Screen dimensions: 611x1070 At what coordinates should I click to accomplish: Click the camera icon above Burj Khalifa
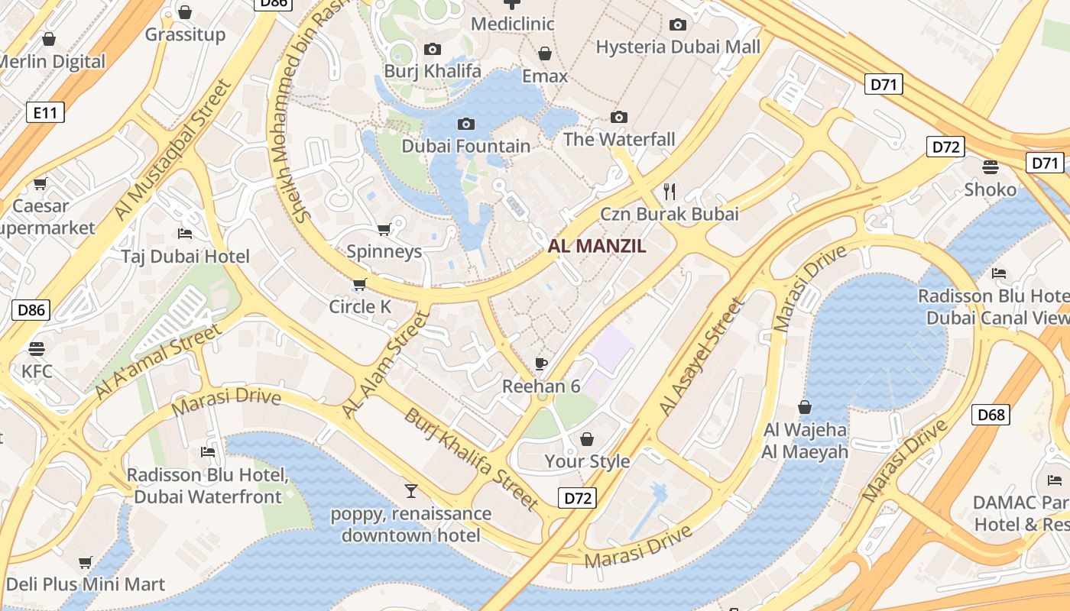tap(432, 50)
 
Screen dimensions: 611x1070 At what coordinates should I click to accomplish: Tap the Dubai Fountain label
tap(465, 146)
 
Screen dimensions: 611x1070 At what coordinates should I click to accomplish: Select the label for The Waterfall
tap(619, 139)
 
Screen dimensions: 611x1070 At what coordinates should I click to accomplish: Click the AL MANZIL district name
tap(597, 246)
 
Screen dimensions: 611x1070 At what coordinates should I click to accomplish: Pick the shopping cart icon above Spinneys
tap(384, 229)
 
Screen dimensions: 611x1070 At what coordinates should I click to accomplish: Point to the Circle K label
tap(360, 306)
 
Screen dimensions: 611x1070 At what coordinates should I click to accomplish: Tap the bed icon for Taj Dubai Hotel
tap(184, 233)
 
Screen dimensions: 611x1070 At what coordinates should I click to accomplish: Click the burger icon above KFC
tap(37, 349)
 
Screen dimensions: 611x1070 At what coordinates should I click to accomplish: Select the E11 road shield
tap(45, 113)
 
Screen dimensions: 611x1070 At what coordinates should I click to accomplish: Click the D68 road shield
tap(991, 415)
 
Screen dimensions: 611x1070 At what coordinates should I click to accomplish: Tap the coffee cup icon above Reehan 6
tap(541, 364)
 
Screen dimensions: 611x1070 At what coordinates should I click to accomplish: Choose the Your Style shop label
tap(587, 461)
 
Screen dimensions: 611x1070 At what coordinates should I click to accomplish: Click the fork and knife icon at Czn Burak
tap(670, 191)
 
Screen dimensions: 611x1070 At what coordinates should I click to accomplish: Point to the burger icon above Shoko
tap(991, 166)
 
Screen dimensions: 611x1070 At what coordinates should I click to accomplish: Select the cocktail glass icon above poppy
tap(411, 490)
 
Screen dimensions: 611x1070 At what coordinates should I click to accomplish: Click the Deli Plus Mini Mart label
tap(85, 585)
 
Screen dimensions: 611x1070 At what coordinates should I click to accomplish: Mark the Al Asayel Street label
tap(701, 357)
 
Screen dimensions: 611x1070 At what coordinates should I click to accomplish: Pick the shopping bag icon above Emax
tap(545, 53)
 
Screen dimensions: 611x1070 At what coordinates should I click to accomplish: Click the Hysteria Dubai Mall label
tap(678, 47)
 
